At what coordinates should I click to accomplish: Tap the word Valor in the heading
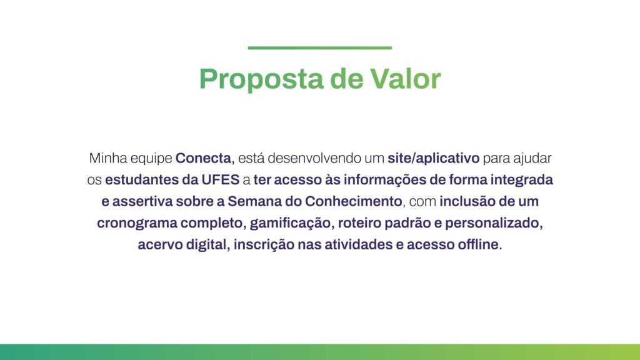pyautogui.click(x=406, y=79)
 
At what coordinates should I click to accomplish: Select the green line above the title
pyautogui.click(x=320, y=47)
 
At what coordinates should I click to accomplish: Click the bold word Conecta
pyautogui.click(x=203, y=158)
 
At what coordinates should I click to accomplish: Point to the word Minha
pyautogui.click(x=107, y=158)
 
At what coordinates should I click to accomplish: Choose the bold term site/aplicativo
pyautogui.click(x=433, y=158)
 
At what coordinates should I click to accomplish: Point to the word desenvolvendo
pyautogui.click(x=311, y=158)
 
